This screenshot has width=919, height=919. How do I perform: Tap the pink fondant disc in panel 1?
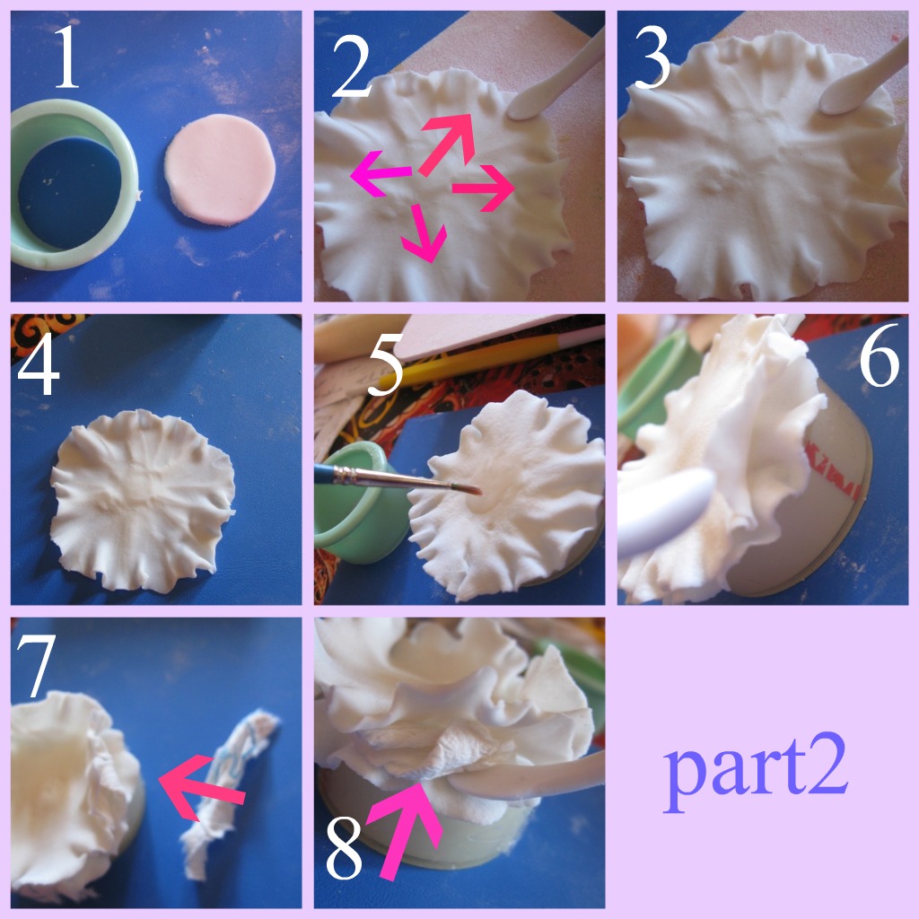220,167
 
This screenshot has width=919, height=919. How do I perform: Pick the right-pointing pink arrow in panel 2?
481,188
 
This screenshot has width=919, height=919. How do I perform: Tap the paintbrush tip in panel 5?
472,490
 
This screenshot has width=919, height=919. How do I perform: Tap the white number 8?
344,849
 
